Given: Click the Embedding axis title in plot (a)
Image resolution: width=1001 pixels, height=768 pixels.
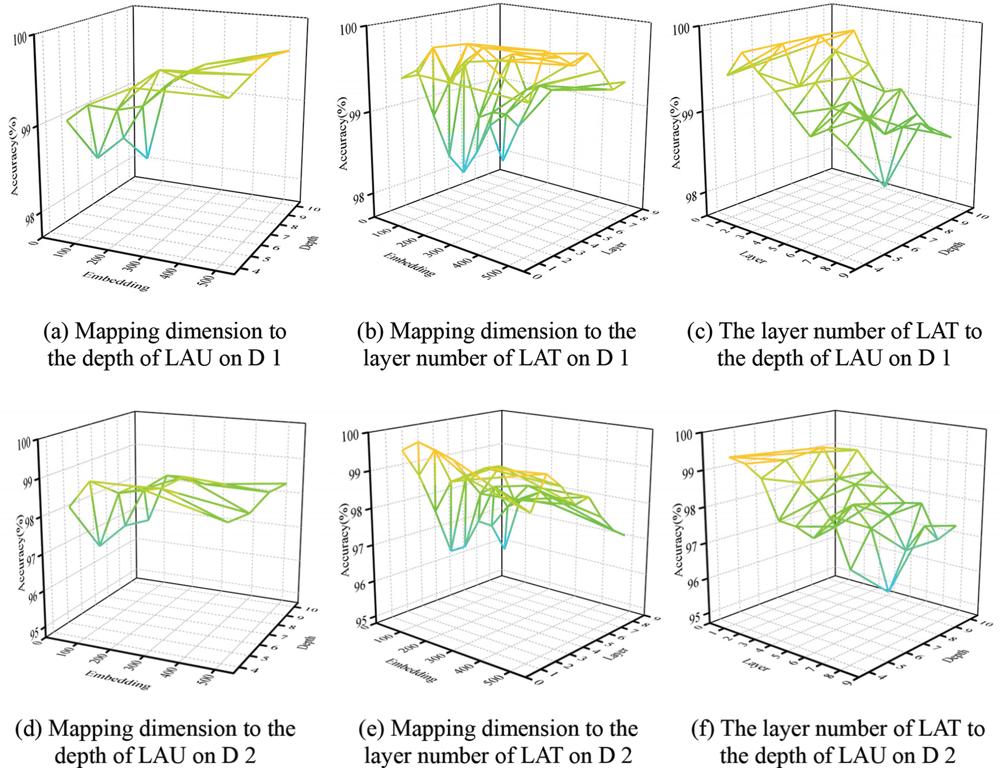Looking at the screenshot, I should pos(115,280).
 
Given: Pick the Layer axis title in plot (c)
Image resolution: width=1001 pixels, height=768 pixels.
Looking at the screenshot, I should pos(753,257).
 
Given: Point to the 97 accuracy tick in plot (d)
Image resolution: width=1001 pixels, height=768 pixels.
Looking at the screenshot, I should pos(25,557).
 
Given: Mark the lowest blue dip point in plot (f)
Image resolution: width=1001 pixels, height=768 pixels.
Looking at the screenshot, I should pos(888,591).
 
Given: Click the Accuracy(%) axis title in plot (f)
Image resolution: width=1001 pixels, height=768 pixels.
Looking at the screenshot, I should pos(679,538).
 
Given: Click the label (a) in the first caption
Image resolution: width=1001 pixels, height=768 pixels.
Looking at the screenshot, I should pos(55,332).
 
